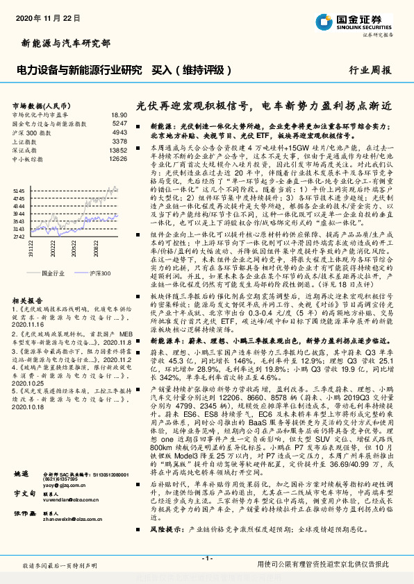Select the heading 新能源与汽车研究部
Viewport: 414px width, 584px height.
click(x=67, y=43)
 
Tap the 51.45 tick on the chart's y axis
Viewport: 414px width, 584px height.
click(x=19, y=189)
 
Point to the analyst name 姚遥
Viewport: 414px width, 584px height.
click(x=22, y=493)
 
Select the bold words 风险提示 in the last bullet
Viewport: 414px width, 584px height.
click(x=165, y=548)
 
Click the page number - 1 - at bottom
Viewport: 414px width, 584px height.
click(x=206, y=558)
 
